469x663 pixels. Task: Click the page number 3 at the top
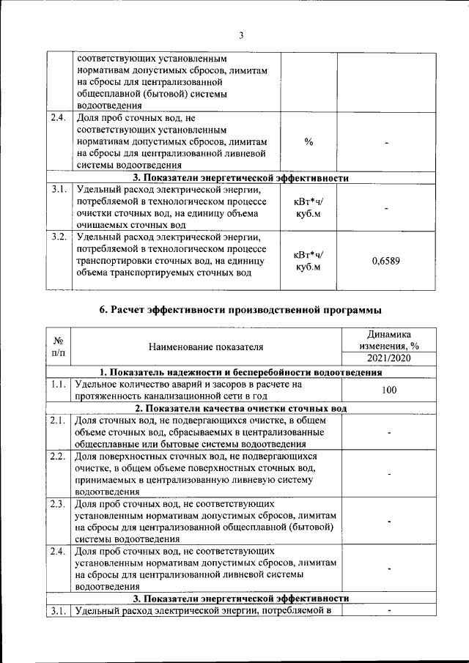(x=240, y=34)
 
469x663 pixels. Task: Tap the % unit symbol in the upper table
(x=309, y=141)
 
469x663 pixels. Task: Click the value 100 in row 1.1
(x=388, y=390)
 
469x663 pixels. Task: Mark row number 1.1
(x=59, y=384)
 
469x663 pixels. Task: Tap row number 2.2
(x=59, y=457)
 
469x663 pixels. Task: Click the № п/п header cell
(x=59, y=347)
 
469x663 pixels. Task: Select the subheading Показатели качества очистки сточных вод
(x=240, y=408)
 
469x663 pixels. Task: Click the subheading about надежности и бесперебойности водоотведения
(x=240, y=371)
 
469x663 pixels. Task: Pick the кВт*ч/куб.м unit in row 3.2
(x=309, y=261)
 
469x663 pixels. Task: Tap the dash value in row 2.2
(x=388, y=474)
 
